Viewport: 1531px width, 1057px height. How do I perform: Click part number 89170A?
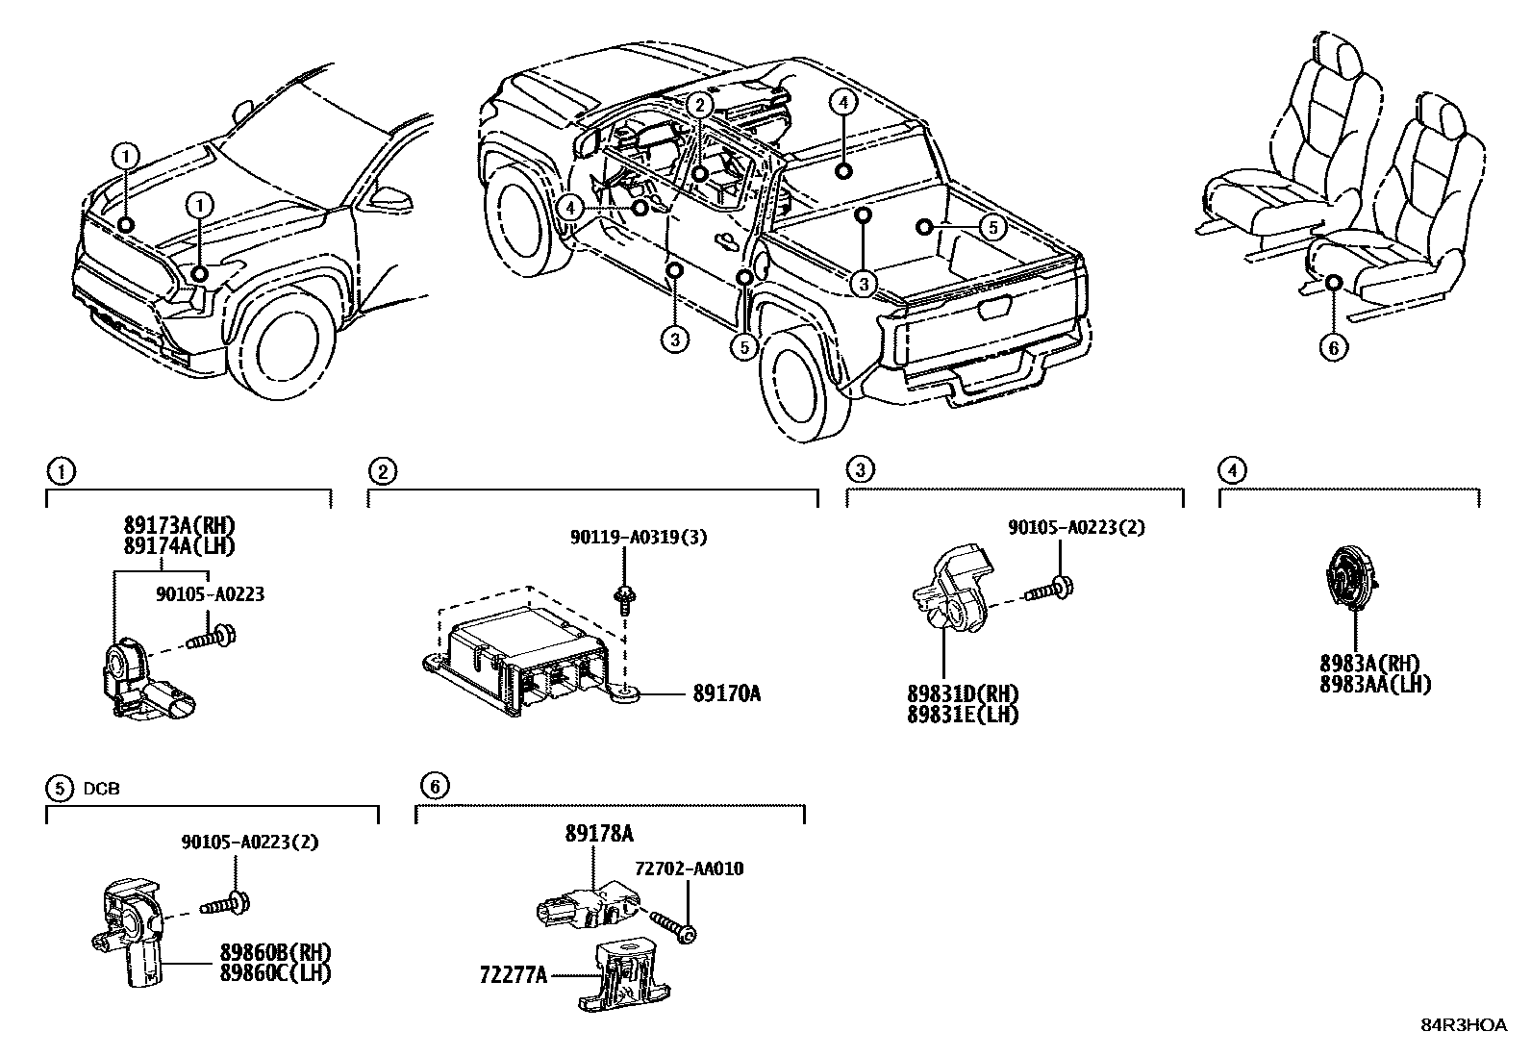[726, 692]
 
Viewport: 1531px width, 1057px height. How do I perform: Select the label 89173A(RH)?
[179, 525]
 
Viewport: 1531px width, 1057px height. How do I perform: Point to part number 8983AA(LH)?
[1374, 684]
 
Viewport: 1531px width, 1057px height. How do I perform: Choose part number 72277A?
[514, 975]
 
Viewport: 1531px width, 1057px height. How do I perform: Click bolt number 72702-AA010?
[689, 868]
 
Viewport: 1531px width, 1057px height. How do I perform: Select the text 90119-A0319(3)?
[636, 537]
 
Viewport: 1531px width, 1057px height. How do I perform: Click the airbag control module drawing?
[519, 654]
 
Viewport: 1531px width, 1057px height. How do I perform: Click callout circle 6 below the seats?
[1333, 346]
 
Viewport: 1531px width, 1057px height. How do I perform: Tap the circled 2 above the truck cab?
[701, 105]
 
